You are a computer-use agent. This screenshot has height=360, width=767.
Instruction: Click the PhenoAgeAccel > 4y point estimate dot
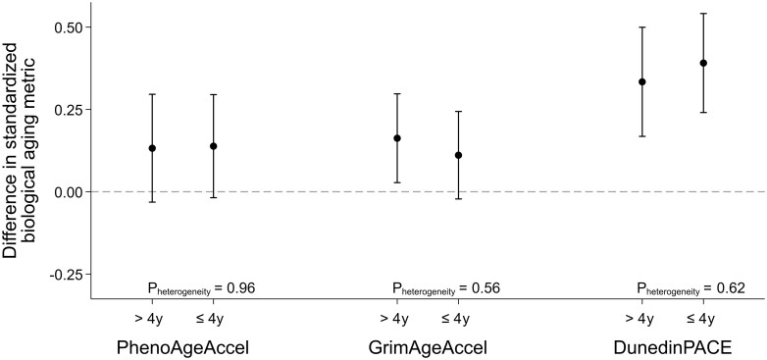[x=152, y=148]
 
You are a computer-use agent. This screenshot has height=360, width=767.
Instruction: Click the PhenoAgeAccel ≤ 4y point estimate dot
[x=213, y=146]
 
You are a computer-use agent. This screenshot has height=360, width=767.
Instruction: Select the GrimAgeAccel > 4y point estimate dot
[x=397, y=138]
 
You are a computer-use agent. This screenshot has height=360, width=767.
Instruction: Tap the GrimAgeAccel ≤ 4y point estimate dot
[x=458, y=155]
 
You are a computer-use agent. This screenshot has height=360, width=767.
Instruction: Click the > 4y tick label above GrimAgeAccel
[x=397, y=318]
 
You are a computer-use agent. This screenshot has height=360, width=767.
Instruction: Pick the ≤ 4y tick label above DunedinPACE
[x=703, y=318]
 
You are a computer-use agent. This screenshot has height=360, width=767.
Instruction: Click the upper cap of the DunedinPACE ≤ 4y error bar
[x=703, y=14]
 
